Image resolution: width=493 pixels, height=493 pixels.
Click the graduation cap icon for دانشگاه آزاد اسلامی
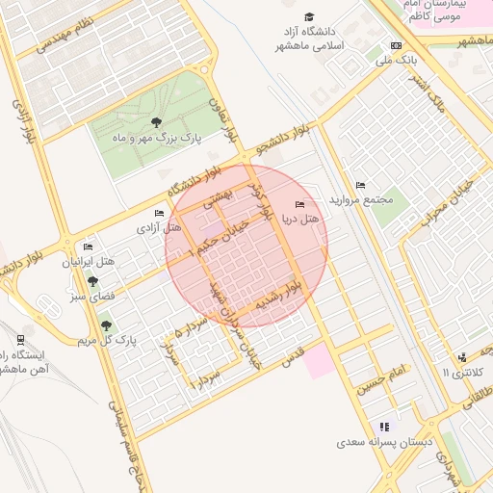click(x=309, y=17)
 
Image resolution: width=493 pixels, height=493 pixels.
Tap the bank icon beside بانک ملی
click(x=396, y=45)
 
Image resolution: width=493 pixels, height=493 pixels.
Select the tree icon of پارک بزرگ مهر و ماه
click(x=156, y=121)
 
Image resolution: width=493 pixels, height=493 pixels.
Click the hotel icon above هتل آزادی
click(x=159, y=213)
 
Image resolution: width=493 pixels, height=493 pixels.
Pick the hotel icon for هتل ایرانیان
click(x=89, y=247)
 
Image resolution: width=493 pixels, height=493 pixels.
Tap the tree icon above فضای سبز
click(x=92, y=281)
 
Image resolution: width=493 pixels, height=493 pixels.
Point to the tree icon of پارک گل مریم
click(x=106, y=325)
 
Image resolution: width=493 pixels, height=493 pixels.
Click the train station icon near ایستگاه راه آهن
click(x=20, y=339)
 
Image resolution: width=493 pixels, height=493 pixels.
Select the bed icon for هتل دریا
click(x=299, y=205)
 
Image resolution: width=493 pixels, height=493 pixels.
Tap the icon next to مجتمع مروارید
click(x=360, y=185)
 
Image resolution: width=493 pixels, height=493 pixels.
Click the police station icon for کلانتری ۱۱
click(x=463, y=357)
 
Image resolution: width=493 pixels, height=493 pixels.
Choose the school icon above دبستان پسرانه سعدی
click(x=384, y=427)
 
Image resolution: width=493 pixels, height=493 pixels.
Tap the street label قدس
click(x=293, y=357)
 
